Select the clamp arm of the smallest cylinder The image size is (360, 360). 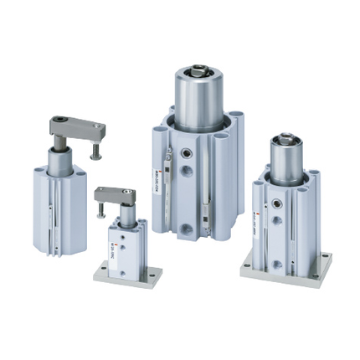(x=115, y=196)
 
